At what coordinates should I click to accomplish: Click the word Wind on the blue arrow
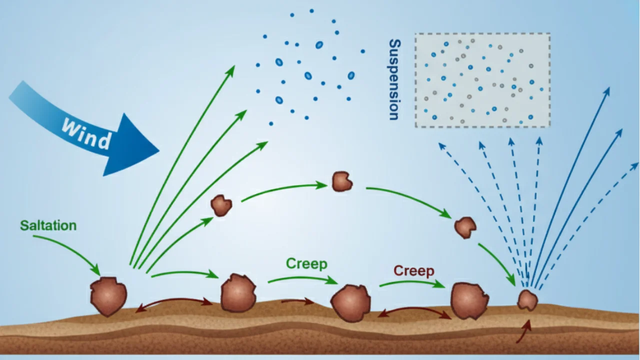coord(86,133)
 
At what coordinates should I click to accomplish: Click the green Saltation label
coord(48,225)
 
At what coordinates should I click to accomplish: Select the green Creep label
coord(306,264)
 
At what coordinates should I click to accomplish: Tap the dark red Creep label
coord(413,271)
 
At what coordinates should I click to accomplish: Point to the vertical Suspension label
coord(394,80)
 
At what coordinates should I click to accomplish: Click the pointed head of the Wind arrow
coord(150,148)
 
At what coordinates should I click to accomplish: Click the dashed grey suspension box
coord(482,80)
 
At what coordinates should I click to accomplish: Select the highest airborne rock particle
coord(342,181)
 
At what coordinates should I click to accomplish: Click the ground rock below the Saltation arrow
coord(108,296)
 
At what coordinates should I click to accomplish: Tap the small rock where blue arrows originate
coord(527,300)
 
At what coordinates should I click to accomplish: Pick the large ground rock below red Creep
coord(469,300)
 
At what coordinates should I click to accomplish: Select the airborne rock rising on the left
coord(221,205)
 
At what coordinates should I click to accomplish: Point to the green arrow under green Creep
coord(302,279)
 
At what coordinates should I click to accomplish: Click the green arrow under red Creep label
coord(412,284)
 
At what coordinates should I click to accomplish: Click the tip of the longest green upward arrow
coord(233,67)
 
